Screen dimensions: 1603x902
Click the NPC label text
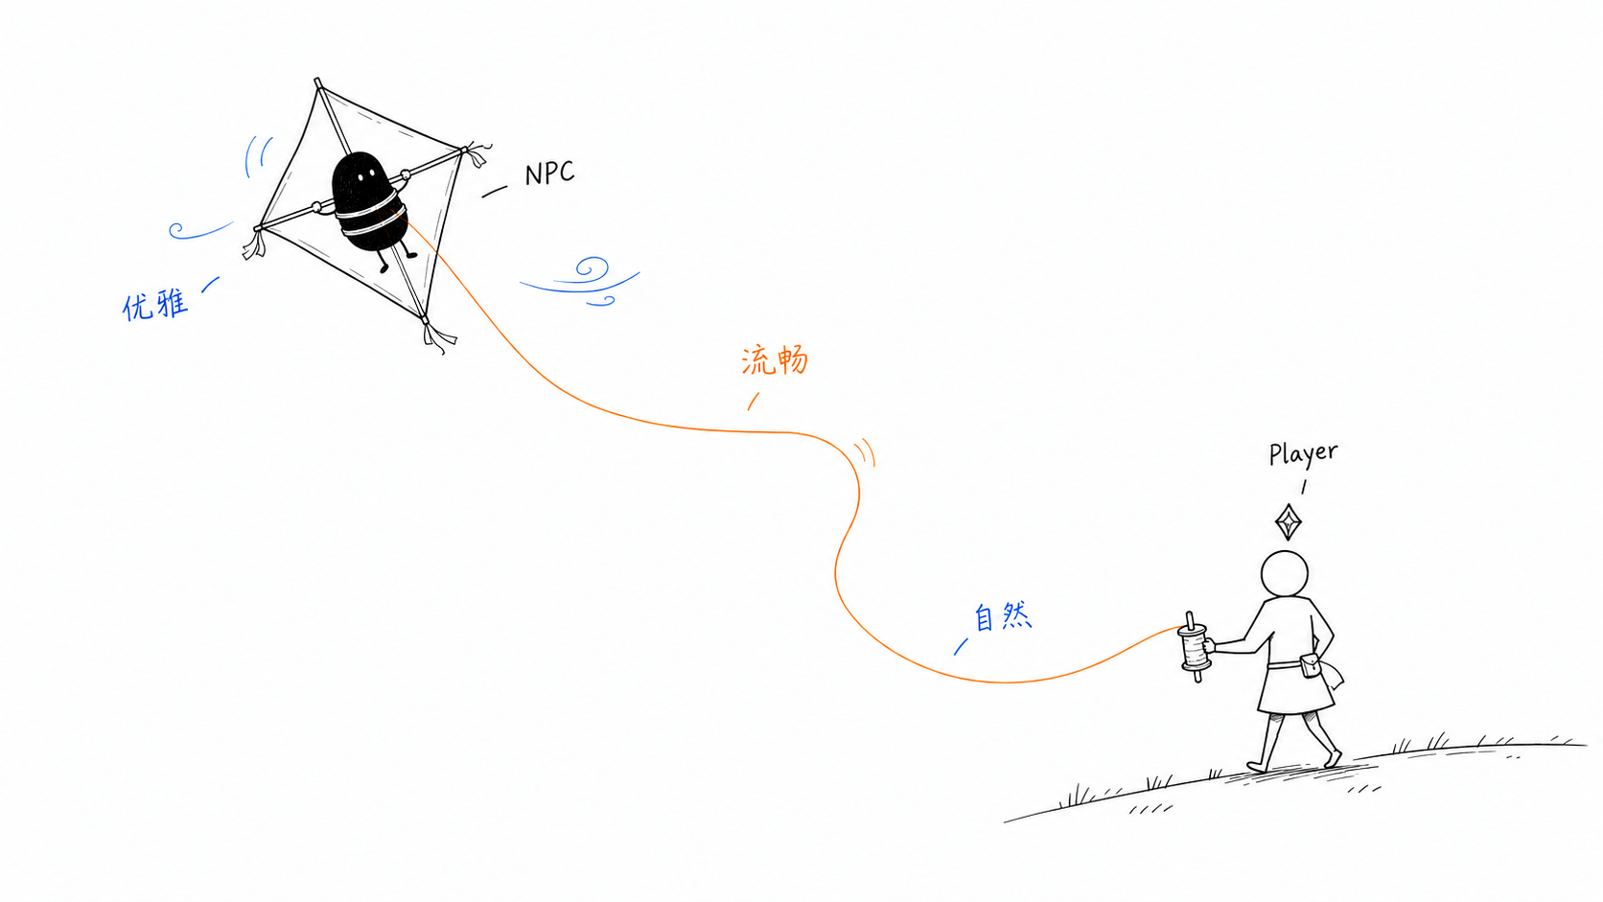tap(549, 173)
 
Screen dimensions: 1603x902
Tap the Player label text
tap(1302, 453)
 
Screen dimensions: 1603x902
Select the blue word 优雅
tap(155, 305)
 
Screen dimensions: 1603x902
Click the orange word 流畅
tap(775, 359)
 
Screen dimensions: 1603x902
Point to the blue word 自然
tap(1003, 616)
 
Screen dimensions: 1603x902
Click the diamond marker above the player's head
tap(1289, 522)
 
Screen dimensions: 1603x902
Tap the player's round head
tap(1285, 573)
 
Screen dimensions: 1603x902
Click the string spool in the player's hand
tap(1194, 647)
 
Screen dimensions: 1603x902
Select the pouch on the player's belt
tap(1311, 665)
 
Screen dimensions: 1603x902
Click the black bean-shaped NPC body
tap(368, 201)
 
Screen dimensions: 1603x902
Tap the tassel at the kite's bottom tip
tap(438, 336)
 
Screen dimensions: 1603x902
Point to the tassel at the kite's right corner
tap(477, 153)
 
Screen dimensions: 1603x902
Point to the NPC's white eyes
tap(365, 173)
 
